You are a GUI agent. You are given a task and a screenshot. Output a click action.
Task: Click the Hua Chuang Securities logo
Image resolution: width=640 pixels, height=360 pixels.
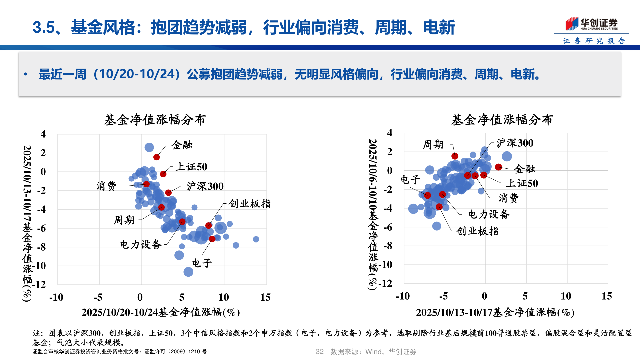591,24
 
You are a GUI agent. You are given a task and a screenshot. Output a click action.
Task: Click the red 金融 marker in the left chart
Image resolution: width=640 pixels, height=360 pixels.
156,157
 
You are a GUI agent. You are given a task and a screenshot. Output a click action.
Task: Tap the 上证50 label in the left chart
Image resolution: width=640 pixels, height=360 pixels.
191,167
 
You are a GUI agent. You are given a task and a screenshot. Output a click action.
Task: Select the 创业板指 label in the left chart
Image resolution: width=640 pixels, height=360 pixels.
249,204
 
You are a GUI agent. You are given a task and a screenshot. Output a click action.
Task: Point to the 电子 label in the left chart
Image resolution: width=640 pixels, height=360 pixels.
202,263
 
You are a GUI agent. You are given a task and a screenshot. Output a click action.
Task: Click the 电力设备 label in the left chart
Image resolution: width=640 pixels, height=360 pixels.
141,244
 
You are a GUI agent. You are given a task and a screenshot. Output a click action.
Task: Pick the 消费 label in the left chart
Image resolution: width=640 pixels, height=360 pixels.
106,186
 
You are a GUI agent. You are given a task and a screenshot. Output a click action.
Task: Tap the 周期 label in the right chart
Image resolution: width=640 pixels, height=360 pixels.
433,144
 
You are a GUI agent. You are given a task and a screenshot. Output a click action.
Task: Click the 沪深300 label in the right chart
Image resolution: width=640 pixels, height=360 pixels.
515,143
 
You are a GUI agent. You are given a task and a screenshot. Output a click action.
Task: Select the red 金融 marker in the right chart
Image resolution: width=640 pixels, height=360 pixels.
498,167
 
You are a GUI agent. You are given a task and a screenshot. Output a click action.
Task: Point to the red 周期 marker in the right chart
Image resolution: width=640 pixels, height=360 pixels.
455,156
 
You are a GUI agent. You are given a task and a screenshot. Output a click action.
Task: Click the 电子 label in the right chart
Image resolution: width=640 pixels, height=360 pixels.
410,180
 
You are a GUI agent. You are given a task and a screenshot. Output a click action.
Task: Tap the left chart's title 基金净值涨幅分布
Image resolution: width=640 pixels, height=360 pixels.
155,120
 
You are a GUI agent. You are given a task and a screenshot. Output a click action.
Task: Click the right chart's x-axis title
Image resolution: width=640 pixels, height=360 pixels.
495,312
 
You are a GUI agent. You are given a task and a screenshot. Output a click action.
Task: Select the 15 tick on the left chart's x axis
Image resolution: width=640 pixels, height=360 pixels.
265,297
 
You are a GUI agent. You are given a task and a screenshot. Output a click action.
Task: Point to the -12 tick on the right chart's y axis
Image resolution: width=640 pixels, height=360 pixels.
385,283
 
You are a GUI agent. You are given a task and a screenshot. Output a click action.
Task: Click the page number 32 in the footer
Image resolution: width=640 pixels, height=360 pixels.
319,352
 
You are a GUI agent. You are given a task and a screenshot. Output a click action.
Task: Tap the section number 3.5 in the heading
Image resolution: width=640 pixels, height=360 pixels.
44,27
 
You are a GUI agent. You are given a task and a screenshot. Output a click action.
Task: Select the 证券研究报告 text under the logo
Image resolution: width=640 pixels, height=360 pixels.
594,41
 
